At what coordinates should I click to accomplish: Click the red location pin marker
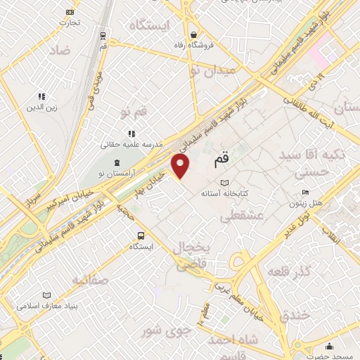click(181, 167)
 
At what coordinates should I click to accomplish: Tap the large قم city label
click(220, 161)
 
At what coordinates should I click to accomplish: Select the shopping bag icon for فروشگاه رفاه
click(193, 35)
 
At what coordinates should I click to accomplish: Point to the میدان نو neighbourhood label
click(217, 70)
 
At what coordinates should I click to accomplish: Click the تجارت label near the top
click(70, 22)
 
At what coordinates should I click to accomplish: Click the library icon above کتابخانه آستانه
click(224, 182)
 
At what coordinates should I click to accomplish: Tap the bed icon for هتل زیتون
click(304, 192)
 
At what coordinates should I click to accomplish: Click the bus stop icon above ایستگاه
click(141, 236)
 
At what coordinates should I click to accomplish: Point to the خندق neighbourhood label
click(294, 316)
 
